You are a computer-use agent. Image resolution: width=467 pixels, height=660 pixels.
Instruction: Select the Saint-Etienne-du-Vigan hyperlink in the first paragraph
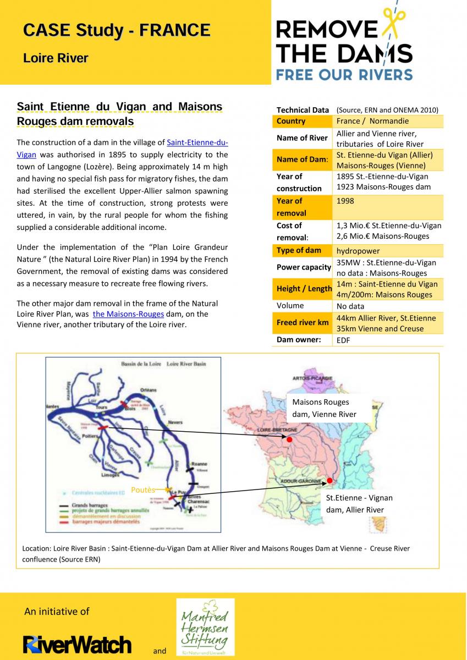point(197,143)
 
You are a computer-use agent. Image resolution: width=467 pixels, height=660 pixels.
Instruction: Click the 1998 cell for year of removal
point(345,201)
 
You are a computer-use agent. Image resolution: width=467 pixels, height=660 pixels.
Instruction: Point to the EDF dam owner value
point(343,340)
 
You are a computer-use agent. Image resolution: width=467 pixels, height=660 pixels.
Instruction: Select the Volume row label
point(290,306)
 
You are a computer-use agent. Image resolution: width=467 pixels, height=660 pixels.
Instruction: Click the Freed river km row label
point(303,323)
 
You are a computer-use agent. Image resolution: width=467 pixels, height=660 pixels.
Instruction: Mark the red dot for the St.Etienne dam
point(329,481)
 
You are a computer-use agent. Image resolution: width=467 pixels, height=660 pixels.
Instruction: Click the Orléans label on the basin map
point(149,389)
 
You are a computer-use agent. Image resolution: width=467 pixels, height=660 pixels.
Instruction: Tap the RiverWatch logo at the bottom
point(77,643)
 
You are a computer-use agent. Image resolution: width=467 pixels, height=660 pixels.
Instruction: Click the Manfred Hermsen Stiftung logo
point(205,627)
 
